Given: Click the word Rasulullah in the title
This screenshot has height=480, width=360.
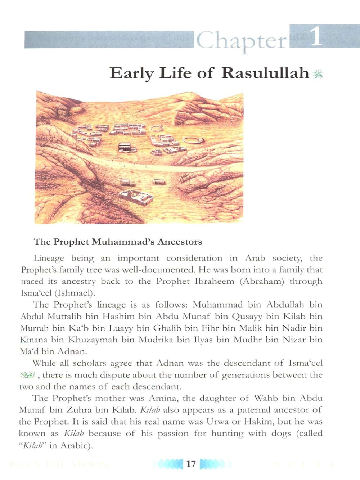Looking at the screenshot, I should click(265, 73).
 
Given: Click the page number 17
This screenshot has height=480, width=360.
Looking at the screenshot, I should click(191, 463).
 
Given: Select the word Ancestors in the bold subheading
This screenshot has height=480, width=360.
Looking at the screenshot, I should click(180, 242).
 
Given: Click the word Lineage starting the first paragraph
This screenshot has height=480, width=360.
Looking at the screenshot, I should click(49, 259).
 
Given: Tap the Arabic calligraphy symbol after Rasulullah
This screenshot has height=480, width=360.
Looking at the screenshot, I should click(318, 74).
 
